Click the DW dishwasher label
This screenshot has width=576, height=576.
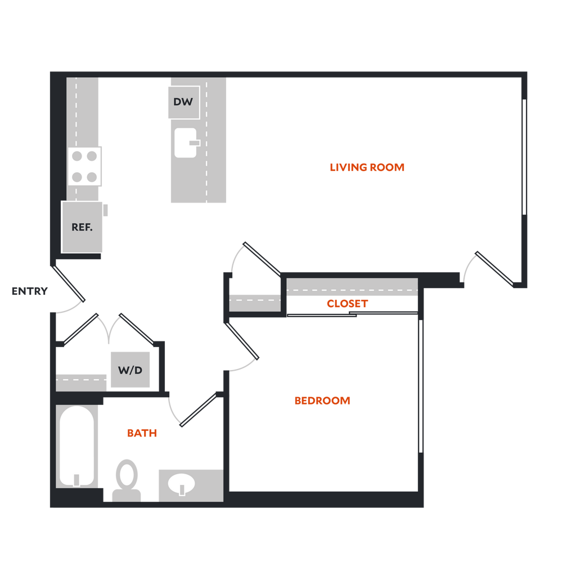[x=183, y=102]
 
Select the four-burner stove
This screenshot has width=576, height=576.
[x=85, y=166]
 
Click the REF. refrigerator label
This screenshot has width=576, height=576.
[x=82, y=227]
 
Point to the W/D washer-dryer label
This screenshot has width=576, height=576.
[x=130, y=370]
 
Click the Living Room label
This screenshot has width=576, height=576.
[x=367, y=167]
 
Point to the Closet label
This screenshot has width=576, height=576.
[x=347, y=304]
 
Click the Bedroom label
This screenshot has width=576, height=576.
[x=322, y=400]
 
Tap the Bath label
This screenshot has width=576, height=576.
[x=142, y=433]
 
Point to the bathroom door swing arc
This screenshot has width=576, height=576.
[x=173, y=411]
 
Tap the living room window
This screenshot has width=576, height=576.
[x=524, y=157]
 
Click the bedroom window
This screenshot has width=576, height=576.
[x=421, y=386]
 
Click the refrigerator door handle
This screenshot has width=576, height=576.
[x=107, y=210]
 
